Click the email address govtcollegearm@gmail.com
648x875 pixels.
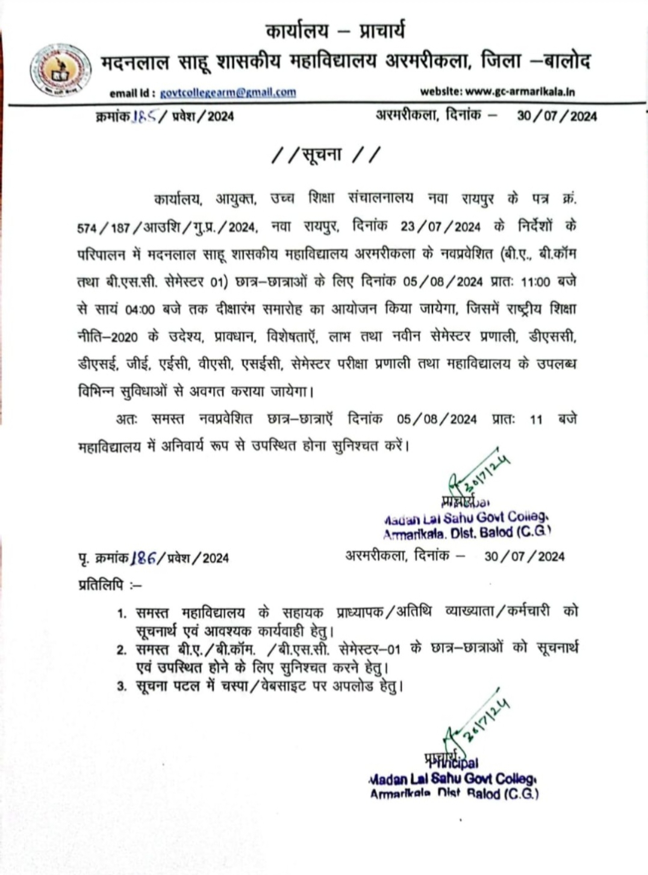tap(228, 92)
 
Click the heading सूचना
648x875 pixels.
tap(326, 155)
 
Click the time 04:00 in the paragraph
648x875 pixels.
tap(140, 310)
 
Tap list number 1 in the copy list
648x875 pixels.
tap(122, 613)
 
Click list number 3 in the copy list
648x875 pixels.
tap(122, 686)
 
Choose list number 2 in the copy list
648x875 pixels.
tap(122, 650)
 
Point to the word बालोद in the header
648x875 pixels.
tap(566, 61)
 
